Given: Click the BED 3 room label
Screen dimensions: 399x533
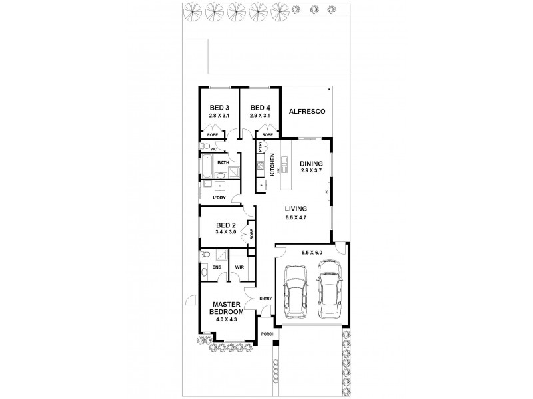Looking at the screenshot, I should click(219, 108).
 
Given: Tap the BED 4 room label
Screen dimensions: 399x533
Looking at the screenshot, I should click(259, 108).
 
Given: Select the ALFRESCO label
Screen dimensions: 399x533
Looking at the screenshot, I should click(306, 112).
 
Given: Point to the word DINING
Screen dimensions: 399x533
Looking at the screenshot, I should click(311, 164).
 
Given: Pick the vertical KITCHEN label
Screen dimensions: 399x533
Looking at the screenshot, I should click(272, 163).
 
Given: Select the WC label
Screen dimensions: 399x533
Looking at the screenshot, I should click(214, 149).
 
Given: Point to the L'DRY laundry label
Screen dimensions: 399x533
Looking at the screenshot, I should click(220, 198).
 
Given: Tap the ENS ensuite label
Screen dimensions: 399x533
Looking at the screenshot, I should click(216, 267).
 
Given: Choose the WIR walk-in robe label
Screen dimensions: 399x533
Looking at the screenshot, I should click(239, 267).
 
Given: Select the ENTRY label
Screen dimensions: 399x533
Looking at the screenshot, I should click(265, 298).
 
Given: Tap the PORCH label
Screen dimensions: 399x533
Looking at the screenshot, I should click(267, 334).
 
